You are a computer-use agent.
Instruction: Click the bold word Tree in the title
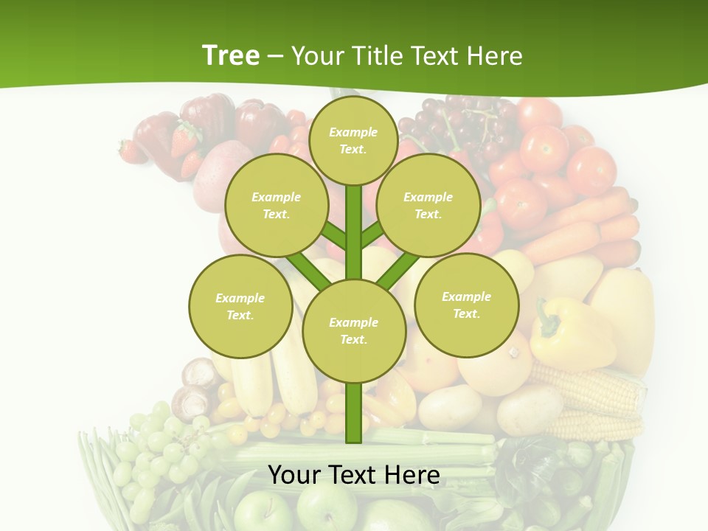click(231, 55)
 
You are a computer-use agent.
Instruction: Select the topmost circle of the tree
click(353, 140)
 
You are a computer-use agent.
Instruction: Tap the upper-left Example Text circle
click(276, 205)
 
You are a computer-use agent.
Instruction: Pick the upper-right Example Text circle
click(428, 205)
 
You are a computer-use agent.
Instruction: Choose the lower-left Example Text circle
click(240, 306)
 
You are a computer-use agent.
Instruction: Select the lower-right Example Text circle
click(466, 305)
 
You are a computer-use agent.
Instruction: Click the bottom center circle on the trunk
click(353, 330)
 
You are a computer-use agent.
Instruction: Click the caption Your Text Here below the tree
click(353, 475)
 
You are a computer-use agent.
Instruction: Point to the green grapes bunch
click(151, 450)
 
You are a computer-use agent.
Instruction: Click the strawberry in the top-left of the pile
click(131, 151)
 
